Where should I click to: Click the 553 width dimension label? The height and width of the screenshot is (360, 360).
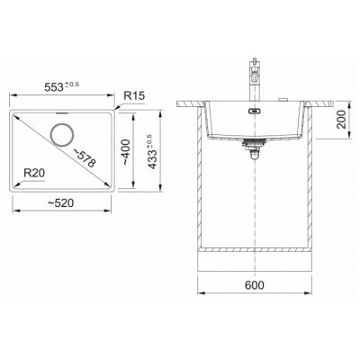(x=54, y=87)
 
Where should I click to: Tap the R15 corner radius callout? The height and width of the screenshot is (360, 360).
(x=134, y=95)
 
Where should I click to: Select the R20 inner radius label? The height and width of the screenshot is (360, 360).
(x=34, y=173)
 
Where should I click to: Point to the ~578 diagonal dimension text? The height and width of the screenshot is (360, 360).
(x=85, y=158)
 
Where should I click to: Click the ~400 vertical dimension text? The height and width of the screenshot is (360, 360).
(x=126, y=152)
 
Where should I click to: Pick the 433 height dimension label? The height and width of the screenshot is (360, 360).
(x=153, y=159)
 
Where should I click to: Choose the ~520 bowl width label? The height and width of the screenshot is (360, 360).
(x=60, y=203)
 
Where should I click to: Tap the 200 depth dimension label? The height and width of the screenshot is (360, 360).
(x=341, y=119)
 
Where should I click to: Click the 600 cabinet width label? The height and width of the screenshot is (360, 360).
(x=255, y=285)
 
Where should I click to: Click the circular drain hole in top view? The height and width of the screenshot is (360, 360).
(x=62, y=135)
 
